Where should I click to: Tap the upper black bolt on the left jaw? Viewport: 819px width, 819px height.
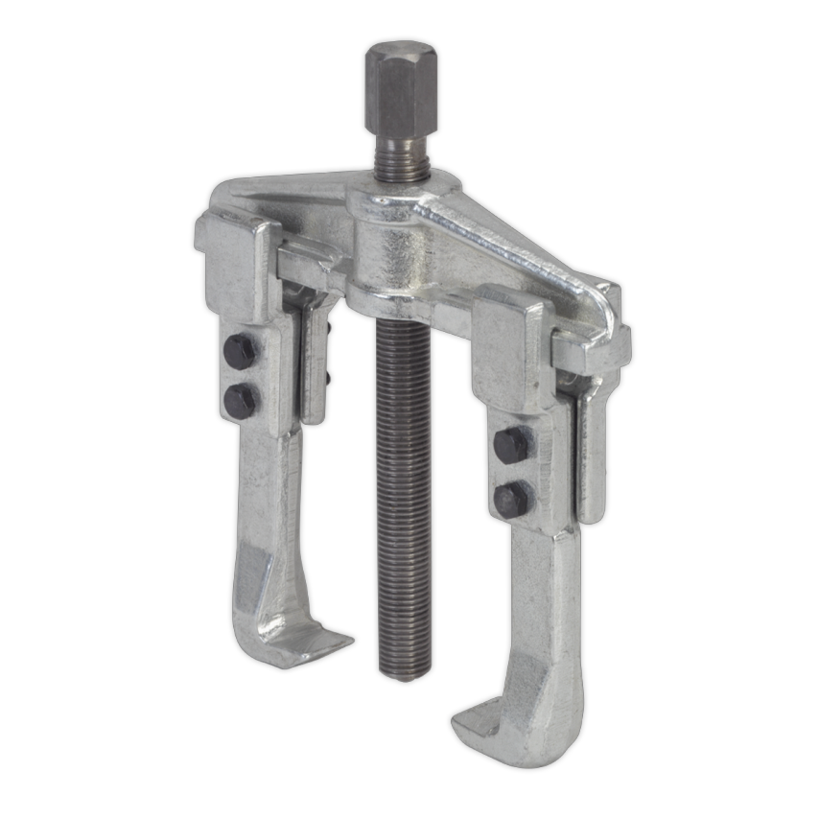(239, 352)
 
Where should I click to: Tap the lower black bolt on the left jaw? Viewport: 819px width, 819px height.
(240, 398)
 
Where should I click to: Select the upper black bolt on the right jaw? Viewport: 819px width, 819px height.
(511, 444)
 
